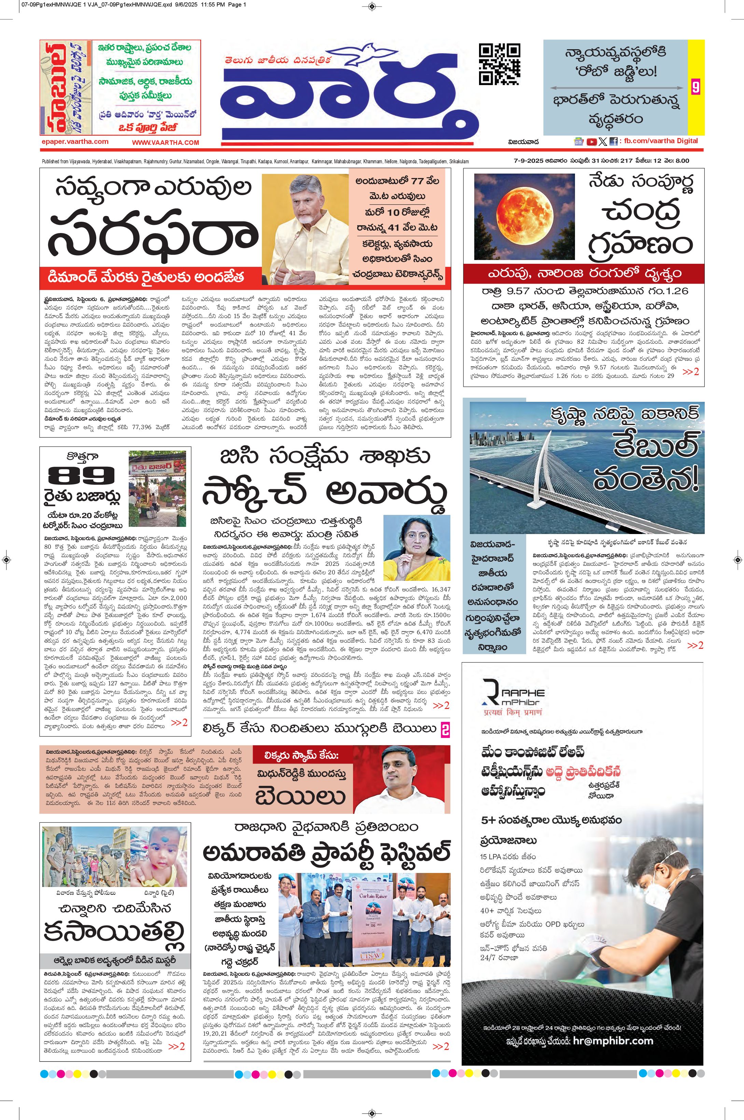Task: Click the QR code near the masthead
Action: click(499, 64)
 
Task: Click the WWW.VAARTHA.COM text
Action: click(165, 142)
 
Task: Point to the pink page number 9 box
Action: click(696, 87)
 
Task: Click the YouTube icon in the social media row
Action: click(591, 141)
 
